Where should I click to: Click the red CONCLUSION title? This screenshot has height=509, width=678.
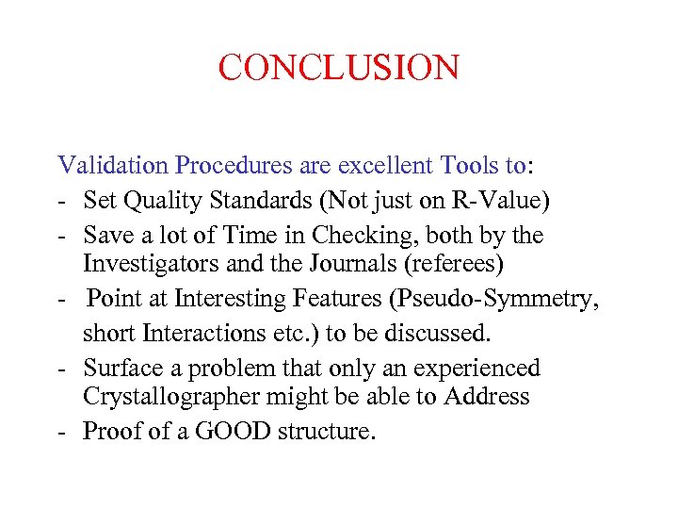click(x=339, y=68)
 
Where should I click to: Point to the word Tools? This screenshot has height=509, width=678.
click(x=469, y=166)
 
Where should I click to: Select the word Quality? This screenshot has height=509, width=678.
click(x=172, y=200)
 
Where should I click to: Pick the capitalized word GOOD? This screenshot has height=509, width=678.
click(x=282, y=432)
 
